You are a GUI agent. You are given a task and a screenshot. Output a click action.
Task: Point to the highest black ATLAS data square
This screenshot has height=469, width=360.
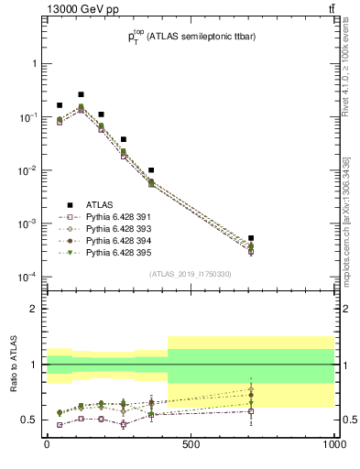click(x=81, y=94)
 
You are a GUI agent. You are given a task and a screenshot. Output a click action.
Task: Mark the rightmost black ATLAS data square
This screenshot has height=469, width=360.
click(x=251, y=238)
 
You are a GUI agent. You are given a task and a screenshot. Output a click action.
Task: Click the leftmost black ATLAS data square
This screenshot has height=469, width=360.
click(x=60, y=105)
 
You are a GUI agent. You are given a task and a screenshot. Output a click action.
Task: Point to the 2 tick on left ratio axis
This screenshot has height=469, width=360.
click(x=36, y=309)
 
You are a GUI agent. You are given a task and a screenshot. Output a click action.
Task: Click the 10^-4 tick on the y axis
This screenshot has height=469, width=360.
click(x=27, y=277)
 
